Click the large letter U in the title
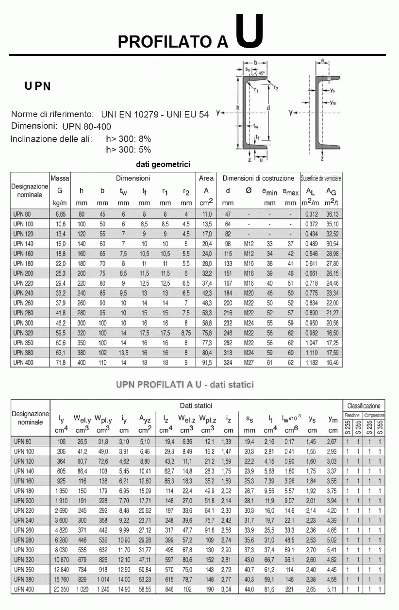coord(250,31)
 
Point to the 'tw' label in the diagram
coord(256,125)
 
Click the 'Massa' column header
coord(60,178)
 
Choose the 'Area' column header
coord(206,178)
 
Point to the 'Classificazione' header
coord(364,406)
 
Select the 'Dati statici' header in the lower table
coord(196,406)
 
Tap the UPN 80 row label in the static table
coord(23,441)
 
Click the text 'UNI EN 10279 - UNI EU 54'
coord(155,115)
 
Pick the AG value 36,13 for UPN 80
coord(332,214)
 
